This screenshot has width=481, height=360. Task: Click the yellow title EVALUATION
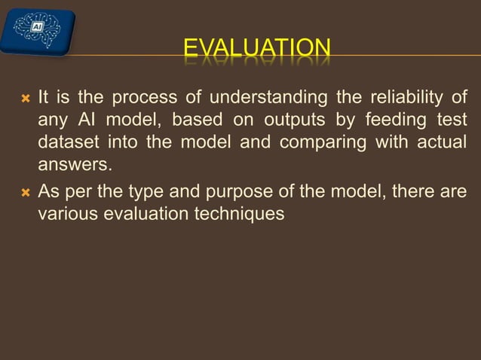coord(257,50)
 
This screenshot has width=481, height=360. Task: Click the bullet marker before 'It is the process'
coord(25,99)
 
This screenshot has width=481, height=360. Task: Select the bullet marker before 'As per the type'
coord(25,191)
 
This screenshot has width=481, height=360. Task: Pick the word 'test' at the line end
coord(452,121)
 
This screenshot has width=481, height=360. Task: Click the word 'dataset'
coord(69,143)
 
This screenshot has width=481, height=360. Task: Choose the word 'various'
coord(67,213)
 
